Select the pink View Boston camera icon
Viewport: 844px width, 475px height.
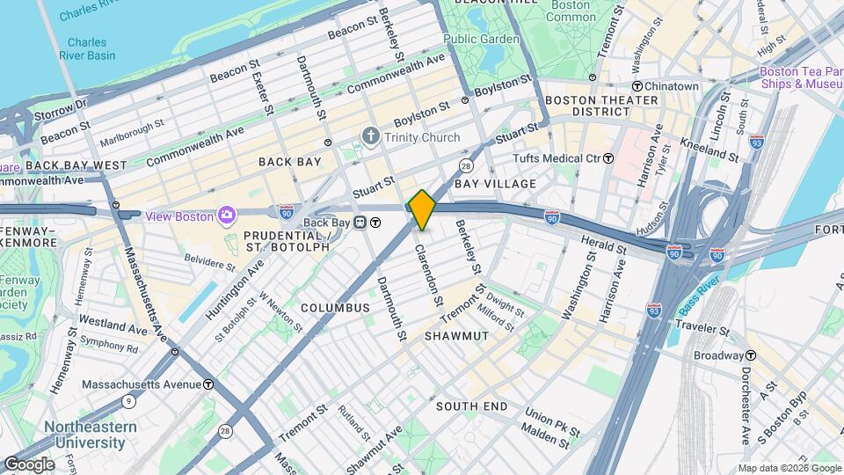(227, 215)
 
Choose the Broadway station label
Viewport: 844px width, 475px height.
(718, 355)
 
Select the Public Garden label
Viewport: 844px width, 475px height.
(477, 39)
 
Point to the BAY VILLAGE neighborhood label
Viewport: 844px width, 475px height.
(496, 183)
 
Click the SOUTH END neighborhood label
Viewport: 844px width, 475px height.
(472, 406)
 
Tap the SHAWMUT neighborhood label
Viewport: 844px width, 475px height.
(456, 336)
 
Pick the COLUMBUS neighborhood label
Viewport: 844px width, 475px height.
(335, 308)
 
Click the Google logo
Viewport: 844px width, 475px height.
(28, 464)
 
